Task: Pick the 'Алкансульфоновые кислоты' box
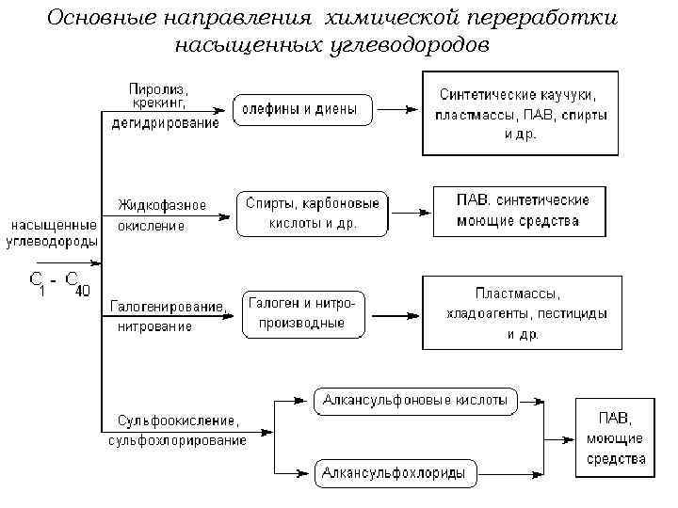(414, 401)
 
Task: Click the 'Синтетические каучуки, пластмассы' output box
(520, 114)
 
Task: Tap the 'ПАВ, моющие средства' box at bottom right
(615, 437)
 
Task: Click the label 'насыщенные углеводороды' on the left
(53, 233)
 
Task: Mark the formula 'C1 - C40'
(58, 283)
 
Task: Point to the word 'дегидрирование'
(165, 122)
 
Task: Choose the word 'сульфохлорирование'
(177, 439)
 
